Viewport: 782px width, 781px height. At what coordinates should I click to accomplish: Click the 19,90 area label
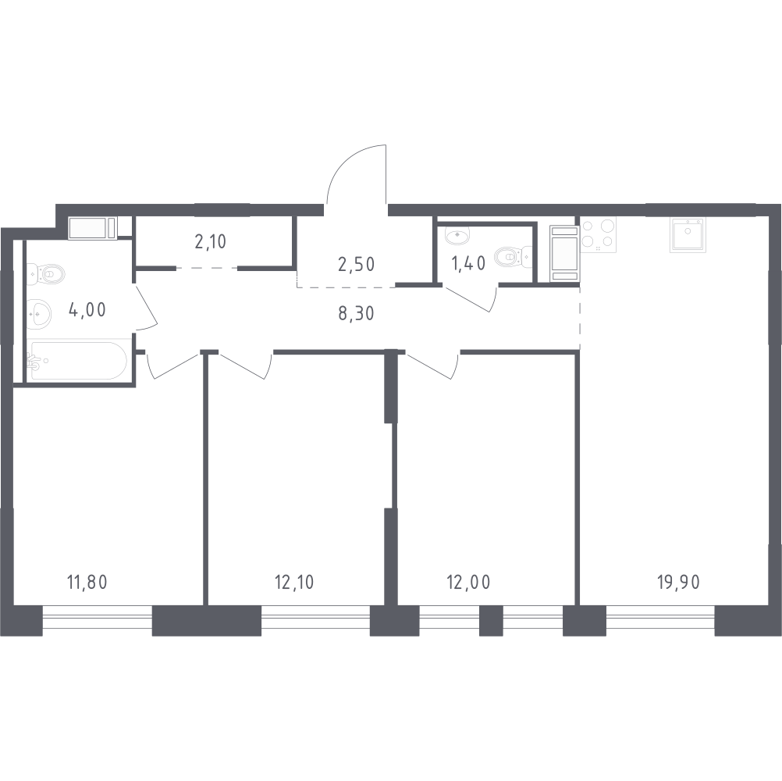point(679,582)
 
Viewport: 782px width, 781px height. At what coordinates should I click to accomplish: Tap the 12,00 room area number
point(468,582)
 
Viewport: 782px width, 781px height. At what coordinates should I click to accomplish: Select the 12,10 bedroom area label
point(294,582)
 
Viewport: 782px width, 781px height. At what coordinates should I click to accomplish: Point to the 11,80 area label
point(87,582)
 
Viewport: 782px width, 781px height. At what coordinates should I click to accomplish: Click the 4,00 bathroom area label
point(87,310)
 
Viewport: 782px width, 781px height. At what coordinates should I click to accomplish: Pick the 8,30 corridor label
point(356,313)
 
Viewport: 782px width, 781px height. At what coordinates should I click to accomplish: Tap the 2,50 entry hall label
point(356,264)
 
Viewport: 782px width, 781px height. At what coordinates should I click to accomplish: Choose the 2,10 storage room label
point(211,241)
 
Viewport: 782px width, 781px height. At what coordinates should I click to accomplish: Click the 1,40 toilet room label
point(468,263)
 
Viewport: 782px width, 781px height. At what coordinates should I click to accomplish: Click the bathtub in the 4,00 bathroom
point(76,360)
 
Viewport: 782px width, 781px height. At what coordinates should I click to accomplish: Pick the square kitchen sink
point(688,234)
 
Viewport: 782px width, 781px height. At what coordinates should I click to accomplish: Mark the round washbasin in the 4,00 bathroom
point(39,315)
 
